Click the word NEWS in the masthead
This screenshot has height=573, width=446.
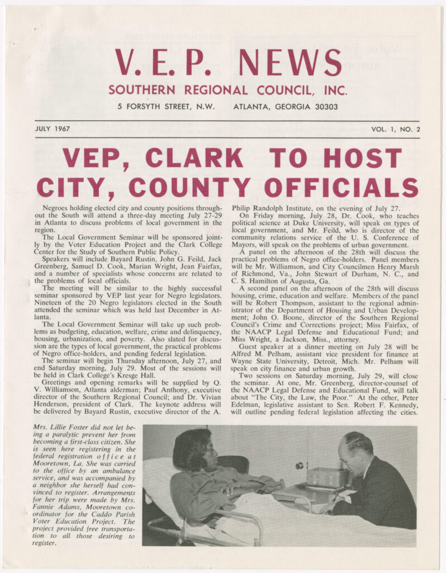[x=290, y=62]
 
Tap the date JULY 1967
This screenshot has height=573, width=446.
[x=52, y=129]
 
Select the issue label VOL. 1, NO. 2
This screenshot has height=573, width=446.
[x=391, y=129]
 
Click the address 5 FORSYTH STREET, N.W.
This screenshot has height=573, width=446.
[x=165, y=106]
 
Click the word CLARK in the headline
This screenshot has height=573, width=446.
[x=194, y=158]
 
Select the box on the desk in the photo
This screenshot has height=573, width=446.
[x=327, y=477]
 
